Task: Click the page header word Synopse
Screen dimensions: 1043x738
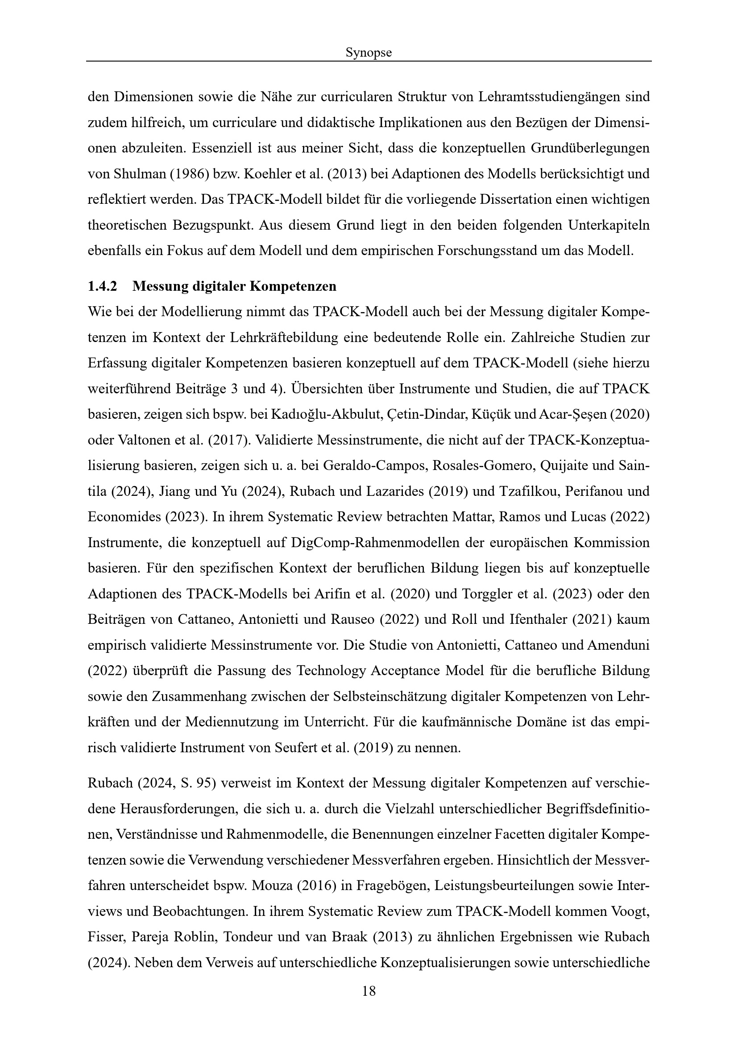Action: [x=369, y=53]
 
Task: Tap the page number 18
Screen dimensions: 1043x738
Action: [x=369, y=991]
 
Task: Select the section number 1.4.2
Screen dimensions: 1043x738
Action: [x=102, y=286]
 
